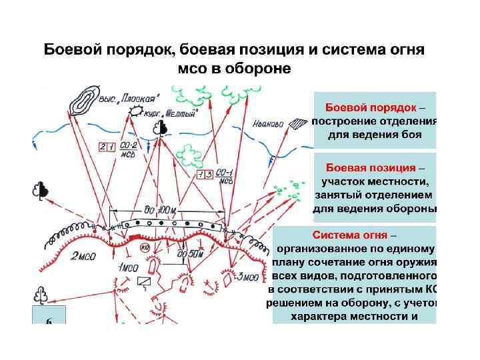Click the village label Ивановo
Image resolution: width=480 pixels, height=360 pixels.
(268, 123)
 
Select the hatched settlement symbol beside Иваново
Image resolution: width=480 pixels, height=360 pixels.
(301, 122)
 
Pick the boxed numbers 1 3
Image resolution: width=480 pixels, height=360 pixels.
(205, 175)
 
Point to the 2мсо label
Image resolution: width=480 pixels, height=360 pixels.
(83, 255)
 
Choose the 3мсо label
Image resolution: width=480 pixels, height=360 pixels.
(247, 277)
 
